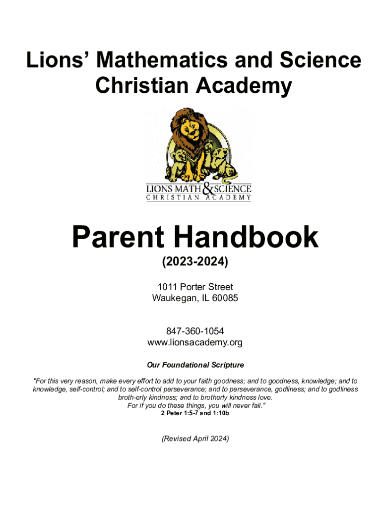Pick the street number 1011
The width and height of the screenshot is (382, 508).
tap(167, 287)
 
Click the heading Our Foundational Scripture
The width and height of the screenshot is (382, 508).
tap(195, 365)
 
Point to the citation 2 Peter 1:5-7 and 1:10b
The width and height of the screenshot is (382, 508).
tap(195, 413)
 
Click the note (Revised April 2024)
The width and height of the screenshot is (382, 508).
tap(195, 439)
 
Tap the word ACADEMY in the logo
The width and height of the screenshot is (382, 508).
tap(231, 197)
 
